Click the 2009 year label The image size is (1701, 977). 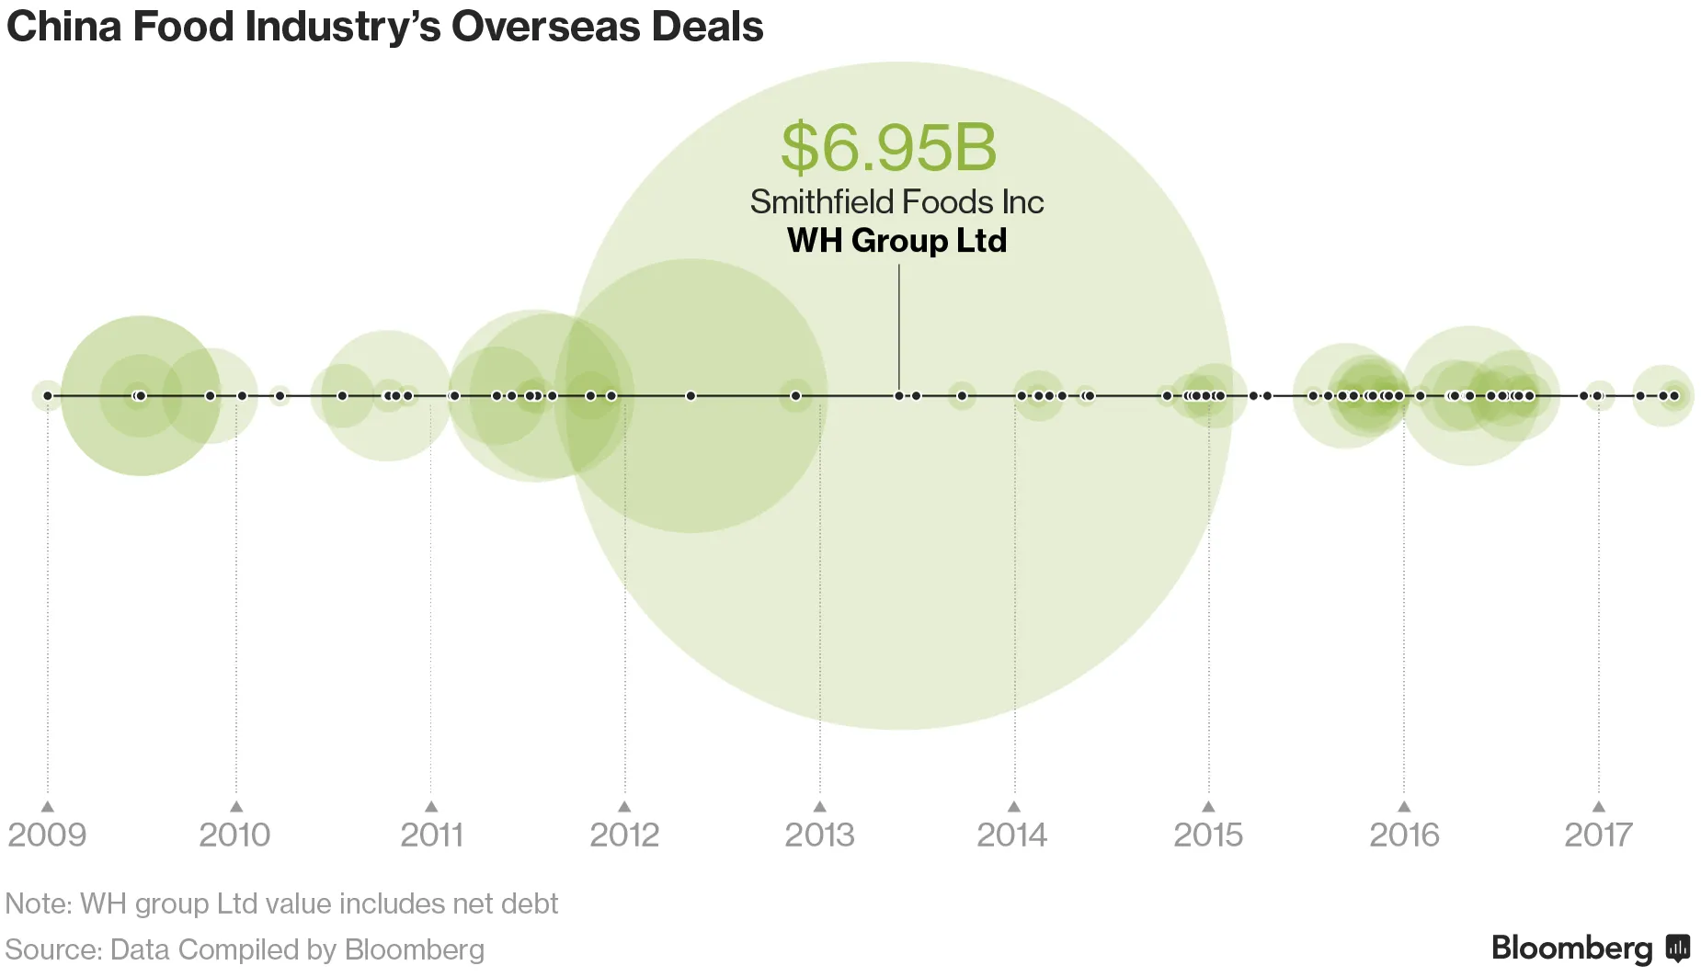click(47, 835)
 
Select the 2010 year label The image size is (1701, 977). click(235, 835)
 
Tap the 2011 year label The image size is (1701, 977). click(431, 835)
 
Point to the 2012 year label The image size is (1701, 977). click(624, 835)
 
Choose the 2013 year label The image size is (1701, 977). click(819, 835)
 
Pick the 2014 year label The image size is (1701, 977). click(1012, 835)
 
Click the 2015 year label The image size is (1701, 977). click(1208, 835)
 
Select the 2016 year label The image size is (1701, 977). click(1404, 835)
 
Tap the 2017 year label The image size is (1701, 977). click(1598, 835)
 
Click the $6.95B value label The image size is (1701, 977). click(888, 147)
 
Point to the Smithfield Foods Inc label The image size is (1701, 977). click(896, 202)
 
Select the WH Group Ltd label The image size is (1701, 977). click(896, 241)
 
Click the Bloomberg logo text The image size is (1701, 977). click(1572, 948)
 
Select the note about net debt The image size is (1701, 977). click(281, 903)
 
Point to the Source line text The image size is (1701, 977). click(245, 949)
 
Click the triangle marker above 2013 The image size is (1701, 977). click(820, 807)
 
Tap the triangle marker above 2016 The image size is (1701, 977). click(1404, 807)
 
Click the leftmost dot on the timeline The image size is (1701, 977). click(48, 396)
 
